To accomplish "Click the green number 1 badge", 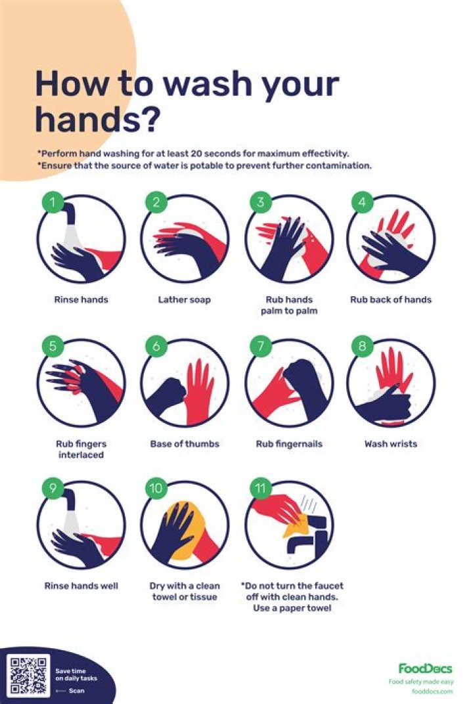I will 53,202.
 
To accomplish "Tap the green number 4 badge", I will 361,202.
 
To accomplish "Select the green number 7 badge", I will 259,346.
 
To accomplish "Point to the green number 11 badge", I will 260,489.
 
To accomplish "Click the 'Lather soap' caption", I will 185,300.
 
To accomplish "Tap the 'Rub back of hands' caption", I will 391,300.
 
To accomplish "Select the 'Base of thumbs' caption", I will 185,444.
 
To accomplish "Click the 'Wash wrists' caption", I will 391,444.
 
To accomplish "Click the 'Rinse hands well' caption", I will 81,586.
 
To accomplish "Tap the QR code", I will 30,674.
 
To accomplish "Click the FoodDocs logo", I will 425,669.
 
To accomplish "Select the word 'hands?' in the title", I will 98,120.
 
